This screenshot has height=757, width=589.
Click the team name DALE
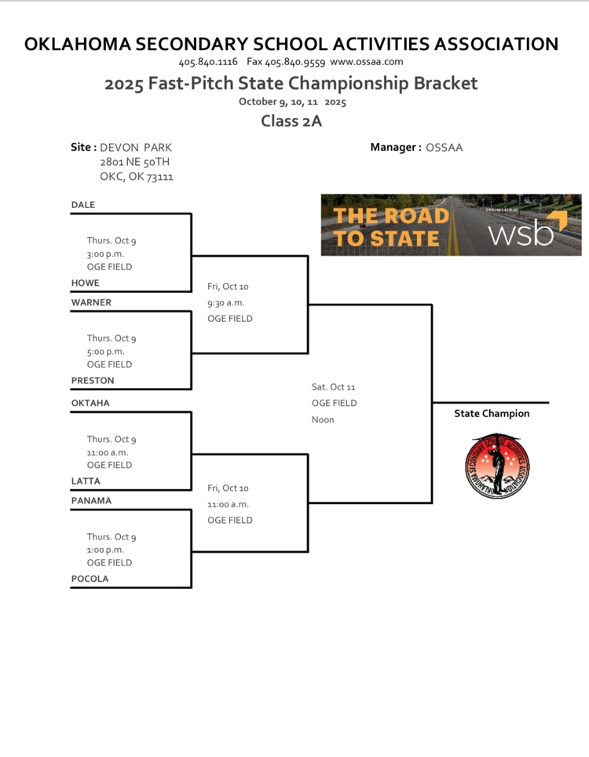coord(83,205)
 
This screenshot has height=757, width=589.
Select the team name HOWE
coord(86,283)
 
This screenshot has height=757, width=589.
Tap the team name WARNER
coord(91,302)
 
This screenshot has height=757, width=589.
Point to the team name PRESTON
coord(93,381)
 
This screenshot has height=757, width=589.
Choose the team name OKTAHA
coord(90,403)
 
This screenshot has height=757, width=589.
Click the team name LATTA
coord(86,481)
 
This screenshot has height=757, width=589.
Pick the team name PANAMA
coord(91,501)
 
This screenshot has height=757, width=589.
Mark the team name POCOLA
coord(90,579)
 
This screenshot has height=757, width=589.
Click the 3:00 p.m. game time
coord(105,254)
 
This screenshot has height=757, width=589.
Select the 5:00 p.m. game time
coord(105,352)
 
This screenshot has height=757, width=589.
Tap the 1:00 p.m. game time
coord(105,550)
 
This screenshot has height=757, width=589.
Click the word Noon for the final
coord(323,419)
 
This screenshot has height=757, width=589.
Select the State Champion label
coord(492,414)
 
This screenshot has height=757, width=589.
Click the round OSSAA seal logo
coord(497,465)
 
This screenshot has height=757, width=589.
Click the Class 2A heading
coord(291,122)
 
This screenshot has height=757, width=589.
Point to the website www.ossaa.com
coord(367,61)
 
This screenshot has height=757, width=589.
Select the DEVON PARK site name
coord(136,148)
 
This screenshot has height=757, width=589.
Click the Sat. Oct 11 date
coord(334,387)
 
